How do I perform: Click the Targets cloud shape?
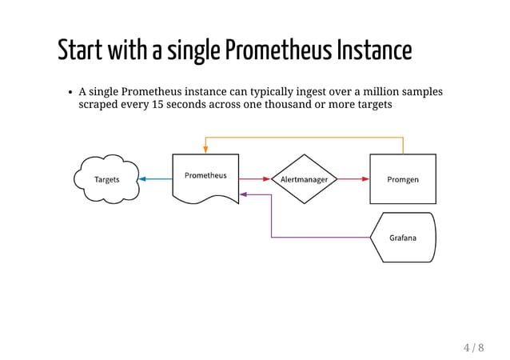click(x=106, y=179)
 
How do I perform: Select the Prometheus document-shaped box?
click(x=205, y=177)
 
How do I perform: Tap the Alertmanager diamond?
click(x=304, y=179)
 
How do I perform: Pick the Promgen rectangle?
click(x=402, y=179)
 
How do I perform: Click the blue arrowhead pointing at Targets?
click(x=142, y=179)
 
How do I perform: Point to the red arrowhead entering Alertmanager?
click(x=267, y=179)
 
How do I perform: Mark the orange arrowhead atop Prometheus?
click(x=205, y=150)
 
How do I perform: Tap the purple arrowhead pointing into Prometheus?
click(x=244, y=194)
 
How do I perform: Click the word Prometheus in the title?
click(x=278, y=50)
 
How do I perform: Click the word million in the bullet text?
click(x=378, y=92)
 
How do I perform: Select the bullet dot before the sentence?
click(x=70, y=93)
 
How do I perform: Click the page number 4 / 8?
click(x=473, y=347)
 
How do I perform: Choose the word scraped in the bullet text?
click(x=98, y=106)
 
